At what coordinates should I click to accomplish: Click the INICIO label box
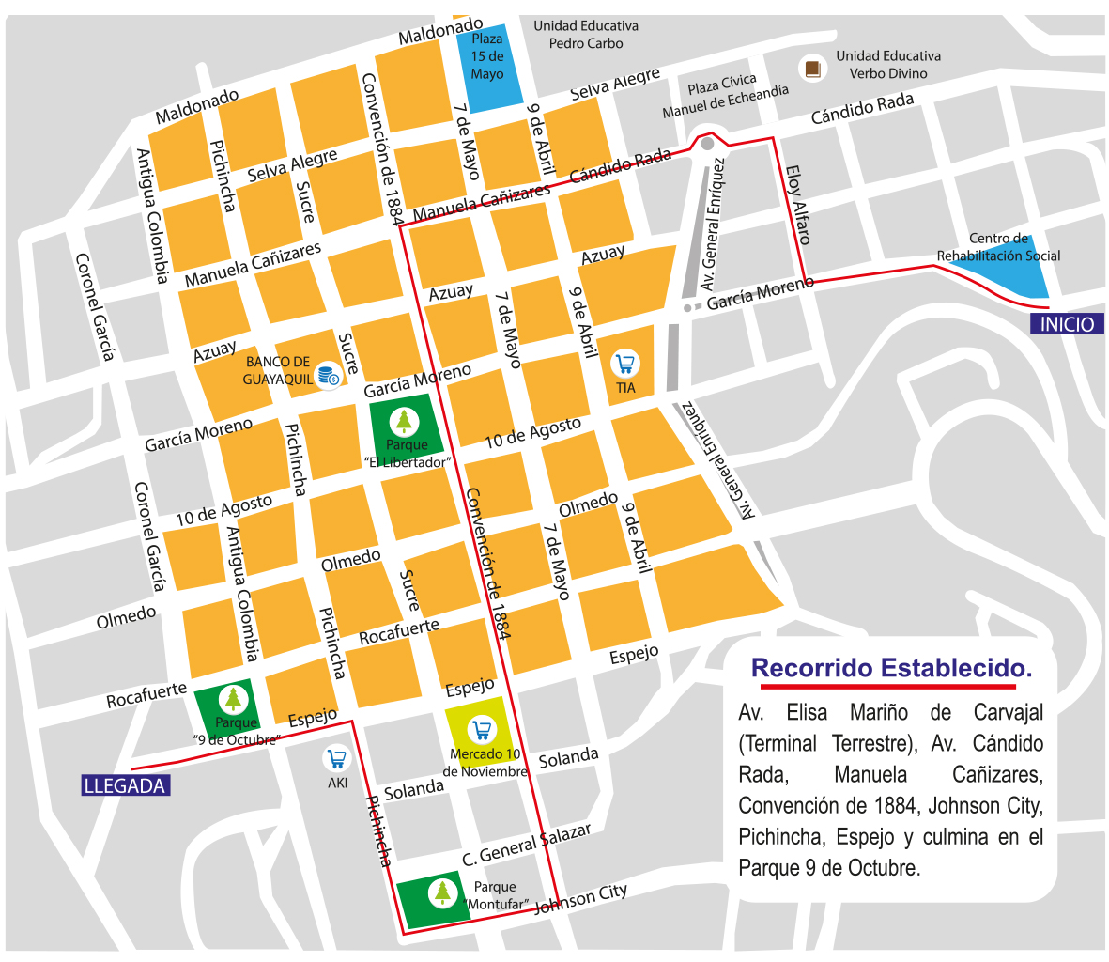(1067, 324)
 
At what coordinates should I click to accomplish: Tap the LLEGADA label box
(124, 786)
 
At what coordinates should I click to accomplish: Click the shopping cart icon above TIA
(625, 363)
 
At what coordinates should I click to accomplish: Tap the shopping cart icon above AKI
(336, 758)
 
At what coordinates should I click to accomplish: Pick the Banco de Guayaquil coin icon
(328, 376)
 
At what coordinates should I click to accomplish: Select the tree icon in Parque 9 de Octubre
(233, 698)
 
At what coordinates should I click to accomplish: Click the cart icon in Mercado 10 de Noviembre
(482, 729)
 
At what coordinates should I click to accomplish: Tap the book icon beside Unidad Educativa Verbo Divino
(811, 68)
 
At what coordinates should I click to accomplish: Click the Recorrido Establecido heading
(891, 669)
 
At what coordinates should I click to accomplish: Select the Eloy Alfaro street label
(797, 205)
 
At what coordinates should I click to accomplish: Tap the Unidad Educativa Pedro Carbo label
(585, 35)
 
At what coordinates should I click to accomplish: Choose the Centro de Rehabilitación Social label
(999, 247)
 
